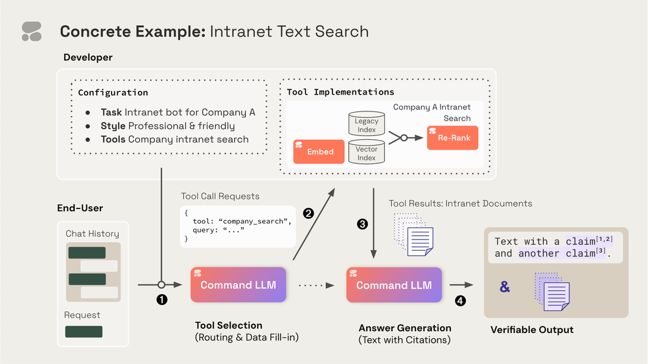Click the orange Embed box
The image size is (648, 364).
pyautogui.click(x=318, y=151)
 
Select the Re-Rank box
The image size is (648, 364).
pyautogui.click(x=452, y=138)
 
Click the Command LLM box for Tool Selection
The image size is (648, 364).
pyautogui.click(x=238, y=285)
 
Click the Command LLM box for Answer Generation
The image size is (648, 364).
pyautogui.click(x=394, y=285)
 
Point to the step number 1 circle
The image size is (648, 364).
pyautogui.click(x=162, y=299)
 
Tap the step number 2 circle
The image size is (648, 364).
pyautogui.click(x=308, y=212)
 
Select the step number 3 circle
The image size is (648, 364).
pyautogui.click(x=362, y=225)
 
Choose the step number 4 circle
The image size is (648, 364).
pyautogui.click(x=460, y=301)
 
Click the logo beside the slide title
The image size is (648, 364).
pyautogui.click(x=31, y=31)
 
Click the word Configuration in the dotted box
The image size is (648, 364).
pyautogui.click(x=113, y=93)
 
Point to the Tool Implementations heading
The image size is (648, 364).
pyautogui.click(x=340, y=92)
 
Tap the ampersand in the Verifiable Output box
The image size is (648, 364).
pyautogui.click(x=505, y=286)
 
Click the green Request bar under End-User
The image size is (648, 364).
pyautogui.click(x=84, y=332)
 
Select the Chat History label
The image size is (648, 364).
pyautogui.click(x=92, y=234)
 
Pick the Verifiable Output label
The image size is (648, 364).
pyautogui.click(x=531, y=330)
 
